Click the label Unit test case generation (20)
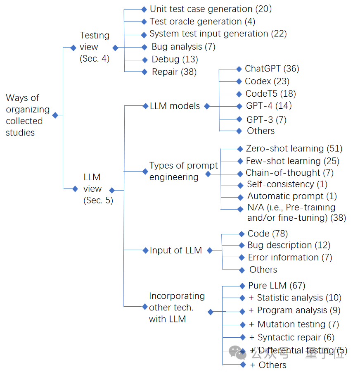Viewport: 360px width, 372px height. click(x=211, y=9)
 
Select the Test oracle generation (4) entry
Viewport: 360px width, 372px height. click(x=202, y=21)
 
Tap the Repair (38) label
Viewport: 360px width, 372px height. click(x=174, y=72)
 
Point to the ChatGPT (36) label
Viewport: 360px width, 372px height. click(x=272, y=69)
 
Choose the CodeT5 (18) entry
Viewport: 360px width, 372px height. click(x=270, y=94)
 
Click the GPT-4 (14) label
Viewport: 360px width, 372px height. click(x=269, y=106)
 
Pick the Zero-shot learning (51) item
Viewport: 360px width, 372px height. click(x=294, y=148)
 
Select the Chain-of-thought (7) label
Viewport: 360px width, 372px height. click(x=289, y=173)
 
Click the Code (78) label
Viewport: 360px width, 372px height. click(x=268, y=234)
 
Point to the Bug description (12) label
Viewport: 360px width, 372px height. click(x=289, y=245)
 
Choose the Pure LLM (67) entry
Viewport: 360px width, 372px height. click(x=277, y=286)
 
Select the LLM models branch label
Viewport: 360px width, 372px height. click(x=175, y=106)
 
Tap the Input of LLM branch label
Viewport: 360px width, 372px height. click(x=175, y=250)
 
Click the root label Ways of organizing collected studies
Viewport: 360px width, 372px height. click(x=27, y=115)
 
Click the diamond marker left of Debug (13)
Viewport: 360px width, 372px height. click(x=144, y=60)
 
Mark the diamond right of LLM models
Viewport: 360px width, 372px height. click(x=207, y=106)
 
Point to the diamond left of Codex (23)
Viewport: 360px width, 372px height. click(x=239, y=82)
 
